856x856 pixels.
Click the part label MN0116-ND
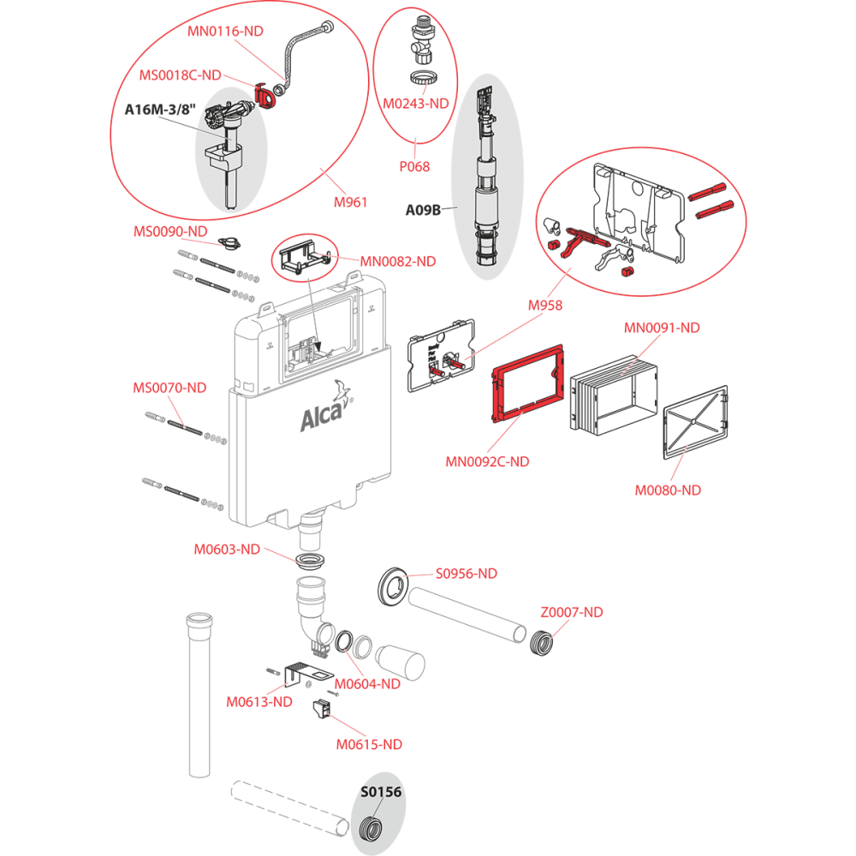225,31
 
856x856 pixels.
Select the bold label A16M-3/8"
159,110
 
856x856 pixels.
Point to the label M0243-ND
415,104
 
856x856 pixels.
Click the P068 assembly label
414,167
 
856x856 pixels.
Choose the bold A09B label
423,211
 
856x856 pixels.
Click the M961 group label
350,203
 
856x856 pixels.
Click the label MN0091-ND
662,328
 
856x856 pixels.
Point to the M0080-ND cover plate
695,422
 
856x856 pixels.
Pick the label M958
544,306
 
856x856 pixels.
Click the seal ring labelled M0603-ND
311,560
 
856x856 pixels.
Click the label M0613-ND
259,702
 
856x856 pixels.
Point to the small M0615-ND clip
322,709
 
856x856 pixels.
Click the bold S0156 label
381,792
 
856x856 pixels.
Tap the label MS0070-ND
169,388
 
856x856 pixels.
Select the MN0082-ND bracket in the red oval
305,258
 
